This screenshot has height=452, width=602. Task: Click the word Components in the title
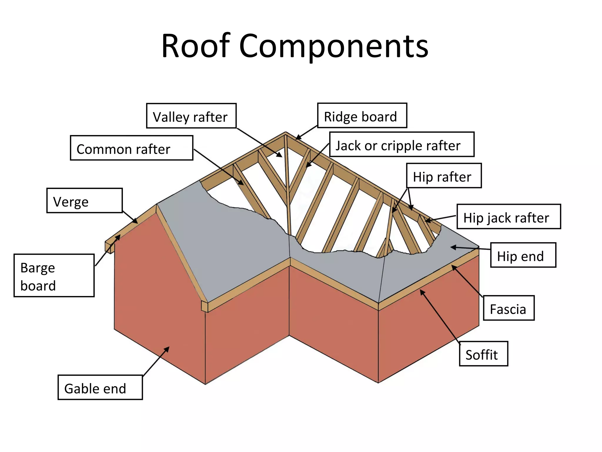334,46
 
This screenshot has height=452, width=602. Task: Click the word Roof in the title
195,46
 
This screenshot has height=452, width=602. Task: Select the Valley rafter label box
191,116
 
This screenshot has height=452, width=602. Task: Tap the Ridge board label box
362,116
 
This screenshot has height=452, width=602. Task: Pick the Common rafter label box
131,148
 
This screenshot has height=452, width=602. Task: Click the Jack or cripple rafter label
402,144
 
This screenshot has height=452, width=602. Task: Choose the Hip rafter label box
444,176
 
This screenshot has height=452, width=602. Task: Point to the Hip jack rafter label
509,217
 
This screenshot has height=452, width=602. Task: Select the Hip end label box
523,255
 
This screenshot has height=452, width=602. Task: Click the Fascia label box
509,308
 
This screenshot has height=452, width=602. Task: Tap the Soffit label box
483,354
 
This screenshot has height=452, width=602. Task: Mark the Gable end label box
100,388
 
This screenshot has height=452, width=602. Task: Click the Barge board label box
54,275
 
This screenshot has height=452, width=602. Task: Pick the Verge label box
84,201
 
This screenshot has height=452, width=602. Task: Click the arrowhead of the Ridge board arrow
297,138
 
